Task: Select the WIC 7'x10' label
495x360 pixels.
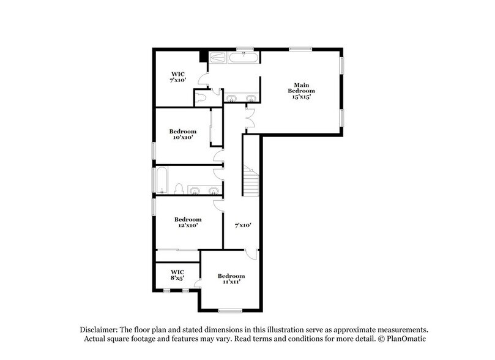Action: [178, 77]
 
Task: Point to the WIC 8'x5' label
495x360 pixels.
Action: [177, 274]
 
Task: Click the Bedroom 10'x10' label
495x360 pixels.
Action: [183, 135]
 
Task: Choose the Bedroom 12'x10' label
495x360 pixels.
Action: [188, 222]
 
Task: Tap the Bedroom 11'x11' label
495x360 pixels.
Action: [231, 279]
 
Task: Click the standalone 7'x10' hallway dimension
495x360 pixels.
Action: [243, 225]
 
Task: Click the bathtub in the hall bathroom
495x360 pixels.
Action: [162, 180]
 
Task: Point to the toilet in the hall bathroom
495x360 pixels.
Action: [179, 188]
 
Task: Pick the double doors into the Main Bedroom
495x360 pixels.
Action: [249, 117]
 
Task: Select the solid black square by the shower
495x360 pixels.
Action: [204, 56]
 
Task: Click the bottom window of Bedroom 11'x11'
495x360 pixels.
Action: [231, 310]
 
